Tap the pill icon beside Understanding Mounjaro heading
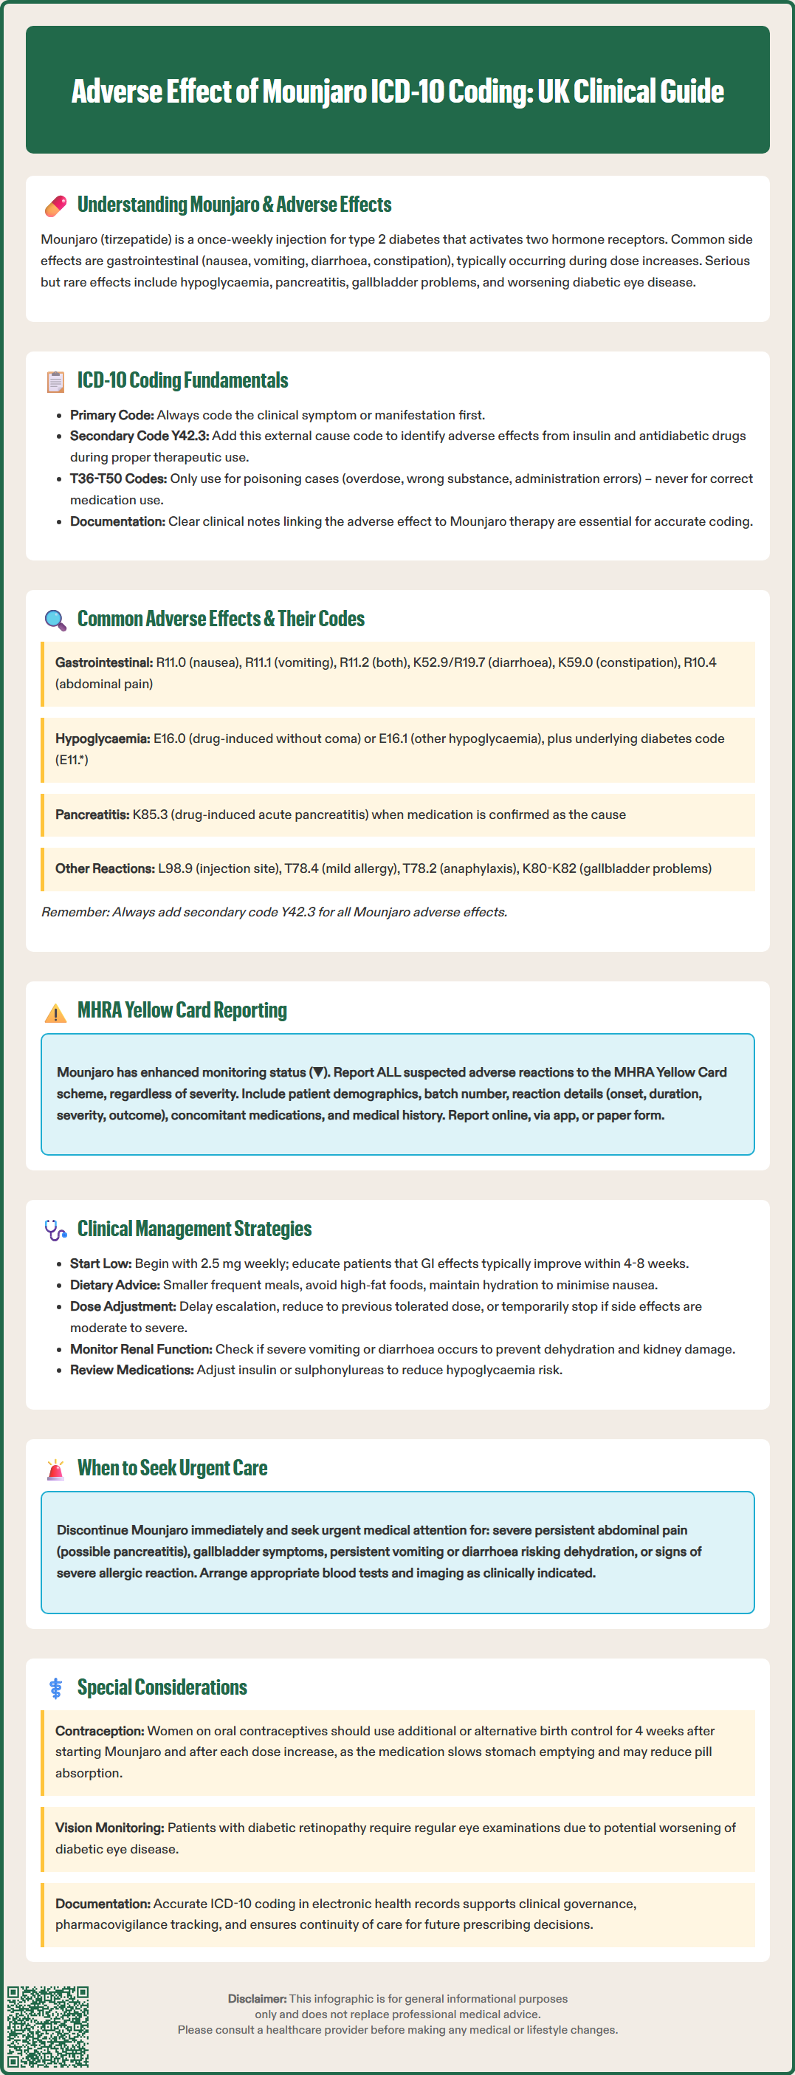[55, 206]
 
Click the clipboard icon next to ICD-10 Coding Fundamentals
[55, 382]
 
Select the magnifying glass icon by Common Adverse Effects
[55, 620]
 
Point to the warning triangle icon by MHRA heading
[55, 1012]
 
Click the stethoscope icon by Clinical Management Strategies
[55, 1230]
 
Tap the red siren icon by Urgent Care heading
[55, 1469]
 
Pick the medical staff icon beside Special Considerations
[55, 1688]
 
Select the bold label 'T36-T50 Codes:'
[118, 479]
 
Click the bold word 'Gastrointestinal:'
[104, 662]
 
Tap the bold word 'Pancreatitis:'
[92, 814]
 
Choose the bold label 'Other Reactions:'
[105, 868]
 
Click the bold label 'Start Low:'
[100, 1263]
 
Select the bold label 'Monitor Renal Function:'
[141, 1348]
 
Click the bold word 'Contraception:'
[99, 1730]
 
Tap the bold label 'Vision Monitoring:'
[109, 1828]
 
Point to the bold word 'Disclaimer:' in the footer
[257, 1998]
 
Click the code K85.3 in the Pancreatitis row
[150, 814]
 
